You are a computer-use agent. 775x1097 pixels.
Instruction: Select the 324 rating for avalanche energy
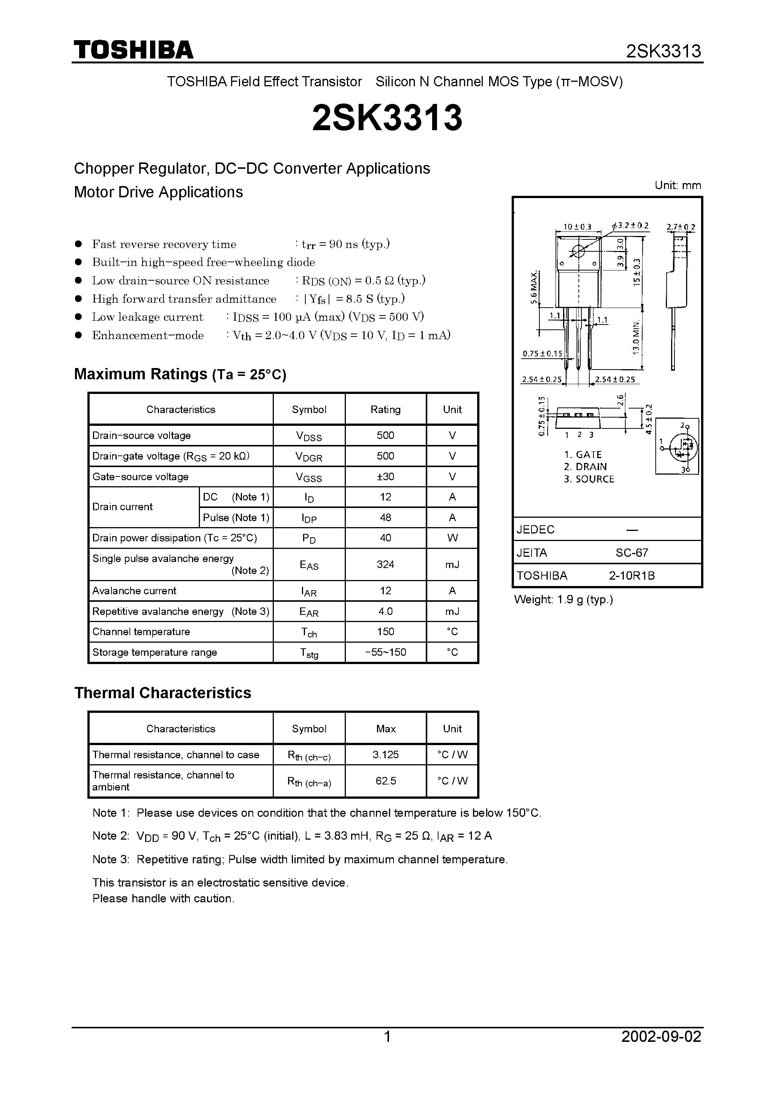385,564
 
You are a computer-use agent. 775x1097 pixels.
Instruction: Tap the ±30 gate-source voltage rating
385,476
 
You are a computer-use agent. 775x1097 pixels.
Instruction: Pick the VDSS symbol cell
309,436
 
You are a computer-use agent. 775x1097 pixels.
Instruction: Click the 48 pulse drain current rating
385,517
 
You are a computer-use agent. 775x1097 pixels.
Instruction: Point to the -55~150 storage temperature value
385,652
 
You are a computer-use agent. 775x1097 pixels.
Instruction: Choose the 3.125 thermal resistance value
385,754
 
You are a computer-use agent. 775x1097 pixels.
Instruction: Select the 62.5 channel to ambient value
385,781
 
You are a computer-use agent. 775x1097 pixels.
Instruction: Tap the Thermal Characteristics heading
162,693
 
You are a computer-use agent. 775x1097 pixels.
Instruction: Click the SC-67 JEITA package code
632,553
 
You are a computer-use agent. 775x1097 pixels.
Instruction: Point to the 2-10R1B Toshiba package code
632,576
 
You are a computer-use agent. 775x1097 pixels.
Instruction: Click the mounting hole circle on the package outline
578,251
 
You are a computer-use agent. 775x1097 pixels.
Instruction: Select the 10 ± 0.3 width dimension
577,227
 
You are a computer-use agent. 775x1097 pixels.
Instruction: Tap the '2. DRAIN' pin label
585,467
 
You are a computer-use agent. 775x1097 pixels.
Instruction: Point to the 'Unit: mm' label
677,185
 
